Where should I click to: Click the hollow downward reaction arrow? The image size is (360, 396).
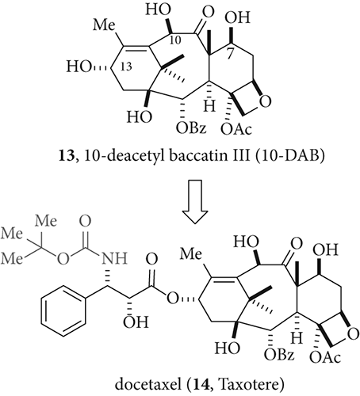(195, 201)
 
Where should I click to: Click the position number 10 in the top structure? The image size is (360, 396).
(174, 40)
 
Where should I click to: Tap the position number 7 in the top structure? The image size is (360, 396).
(230, 54)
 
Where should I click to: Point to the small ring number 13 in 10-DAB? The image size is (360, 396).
(126, 67)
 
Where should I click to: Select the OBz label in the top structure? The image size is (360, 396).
(191, 128)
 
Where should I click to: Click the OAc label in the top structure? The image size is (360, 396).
(236, 129)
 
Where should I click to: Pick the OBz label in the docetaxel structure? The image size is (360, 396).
(279, 354)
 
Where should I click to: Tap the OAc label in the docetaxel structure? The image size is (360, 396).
(325, 357)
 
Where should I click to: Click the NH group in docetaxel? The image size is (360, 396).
(114, 258)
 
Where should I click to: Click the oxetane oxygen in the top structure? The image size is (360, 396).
(265, 101)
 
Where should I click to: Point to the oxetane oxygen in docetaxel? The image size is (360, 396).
(353, 334)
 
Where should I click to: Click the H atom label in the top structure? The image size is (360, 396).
(209, 106)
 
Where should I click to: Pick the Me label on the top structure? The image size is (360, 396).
(105, 25)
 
